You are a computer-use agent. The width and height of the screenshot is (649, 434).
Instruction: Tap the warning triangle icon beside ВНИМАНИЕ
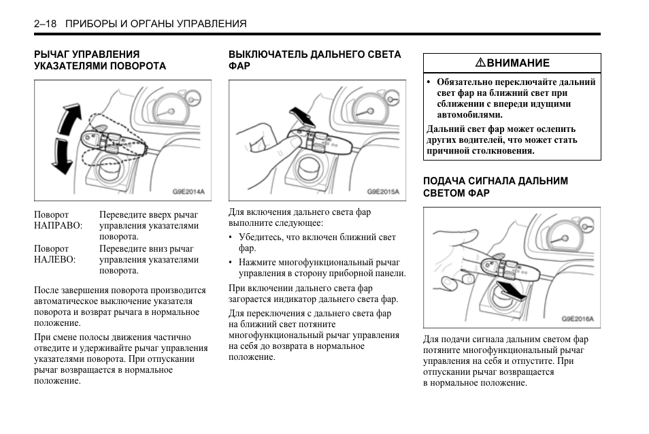480,63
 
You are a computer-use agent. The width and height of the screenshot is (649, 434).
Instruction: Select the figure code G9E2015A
382,192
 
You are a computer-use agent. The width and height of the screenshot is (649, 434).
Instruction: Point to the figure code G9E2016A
578,318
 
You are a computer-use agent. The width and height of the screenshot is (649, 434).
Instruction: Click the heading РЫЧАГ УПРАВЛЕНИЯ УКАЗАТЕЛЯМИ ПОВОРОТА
100,60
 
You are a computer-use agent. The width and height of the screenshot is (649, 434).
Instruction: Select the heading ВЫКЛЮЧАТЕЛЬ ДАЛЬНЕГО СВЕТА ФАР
314,60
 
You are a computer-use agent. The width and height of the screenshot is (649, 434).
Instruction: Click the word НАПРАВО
58,225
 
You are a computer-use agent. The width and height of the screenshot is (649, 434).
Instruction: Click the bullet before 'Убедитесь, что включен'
231,238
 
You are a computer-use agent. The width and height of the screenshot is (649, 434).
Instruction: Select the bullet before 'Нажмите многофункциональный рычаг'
231,262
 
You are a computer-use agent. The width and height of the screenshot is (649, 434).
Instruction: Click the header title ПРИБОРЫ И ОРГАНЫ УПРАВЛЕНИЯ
156,24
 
